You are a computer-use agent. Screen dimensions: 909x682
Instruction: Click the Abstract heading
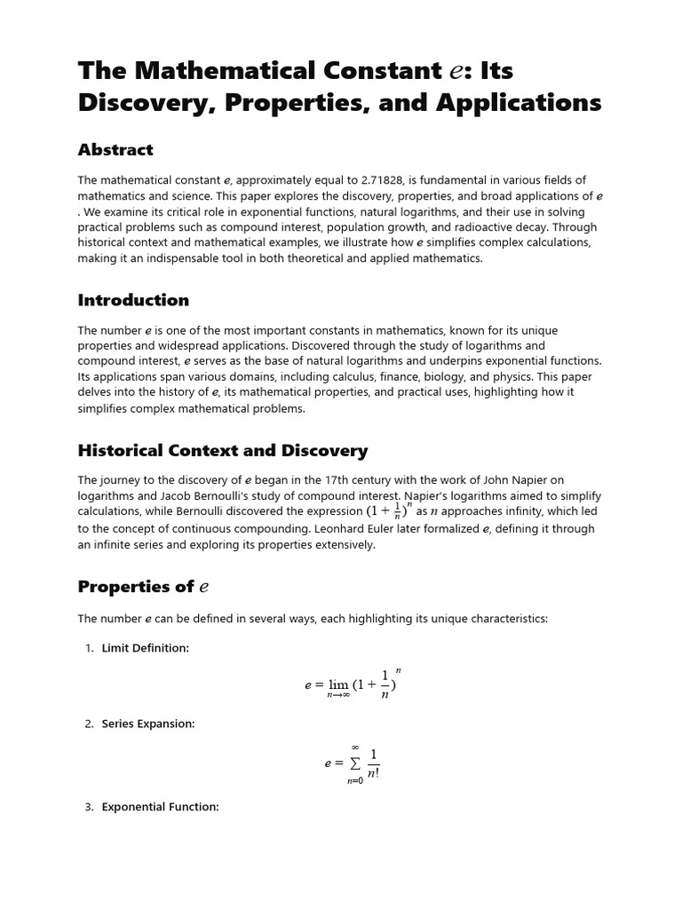coord(115,150)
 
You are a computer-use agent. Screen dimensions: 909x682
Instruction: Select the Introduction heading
coord(133,300)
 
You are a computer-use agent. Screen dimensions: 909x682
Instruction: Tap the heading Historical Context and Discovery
coord(222,451)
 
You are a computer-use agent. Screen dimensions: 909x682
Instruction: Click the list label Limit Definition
coord(145,648)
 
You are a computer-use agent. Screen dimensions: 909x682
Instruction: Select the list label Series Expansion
coord(148,723)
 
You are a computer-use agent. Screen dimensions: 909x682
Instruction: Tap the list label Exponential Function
coord(160,807)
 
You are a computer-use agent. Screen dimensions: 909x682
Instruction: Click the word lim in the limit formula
coord(338,684)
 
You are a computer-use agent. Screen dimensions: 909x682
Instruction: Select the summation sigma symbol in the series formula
coord(355,763)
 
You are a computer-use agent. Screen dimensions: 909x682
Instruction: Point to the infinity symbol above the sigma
coord(355,747)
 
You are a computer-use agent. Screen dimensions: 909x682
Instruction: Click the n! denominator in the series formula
coord(374,771)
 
